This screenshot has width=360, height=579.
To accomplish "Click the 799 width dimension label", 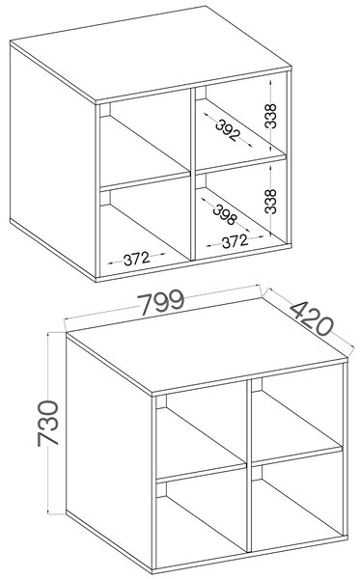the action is tap(160, 302).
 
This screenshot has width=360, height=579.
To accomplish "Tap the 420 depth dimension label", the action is tap(312, 317).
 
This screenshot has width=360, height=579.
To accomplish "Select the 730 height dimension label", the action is tap(48, 424).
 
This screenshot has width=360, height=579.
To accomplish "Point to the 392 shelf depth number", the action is tap(228, 130).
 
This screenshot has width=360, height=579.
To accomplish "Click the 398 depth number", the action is tap(224, 214).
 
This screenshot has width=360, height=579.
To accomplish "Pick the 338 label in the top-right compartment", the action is tap(270, 116).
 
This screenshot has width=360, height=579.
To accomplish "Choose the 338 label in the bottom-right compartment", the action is tap(270, 202).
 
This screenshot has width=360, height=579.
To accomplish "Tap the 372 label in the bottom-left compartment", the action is tap(137, 259).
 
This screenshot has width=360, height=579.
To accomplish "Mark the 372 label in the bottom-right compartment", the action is tap(235, 241).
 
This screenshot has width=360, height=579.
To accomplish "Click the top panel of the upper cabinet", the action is tap(151, 54).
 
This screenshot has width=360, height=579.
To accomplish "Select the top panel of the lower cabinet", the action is tap(207, 346).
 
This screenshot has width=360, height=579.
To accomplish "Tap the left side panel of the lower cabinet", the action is tap(109, 453).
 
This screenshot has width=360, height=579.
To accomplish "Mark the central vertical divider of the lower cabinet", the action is tap(249, 467).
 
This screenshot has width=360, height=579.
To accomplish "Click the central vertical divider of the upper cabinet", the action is tap(193, 175).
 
